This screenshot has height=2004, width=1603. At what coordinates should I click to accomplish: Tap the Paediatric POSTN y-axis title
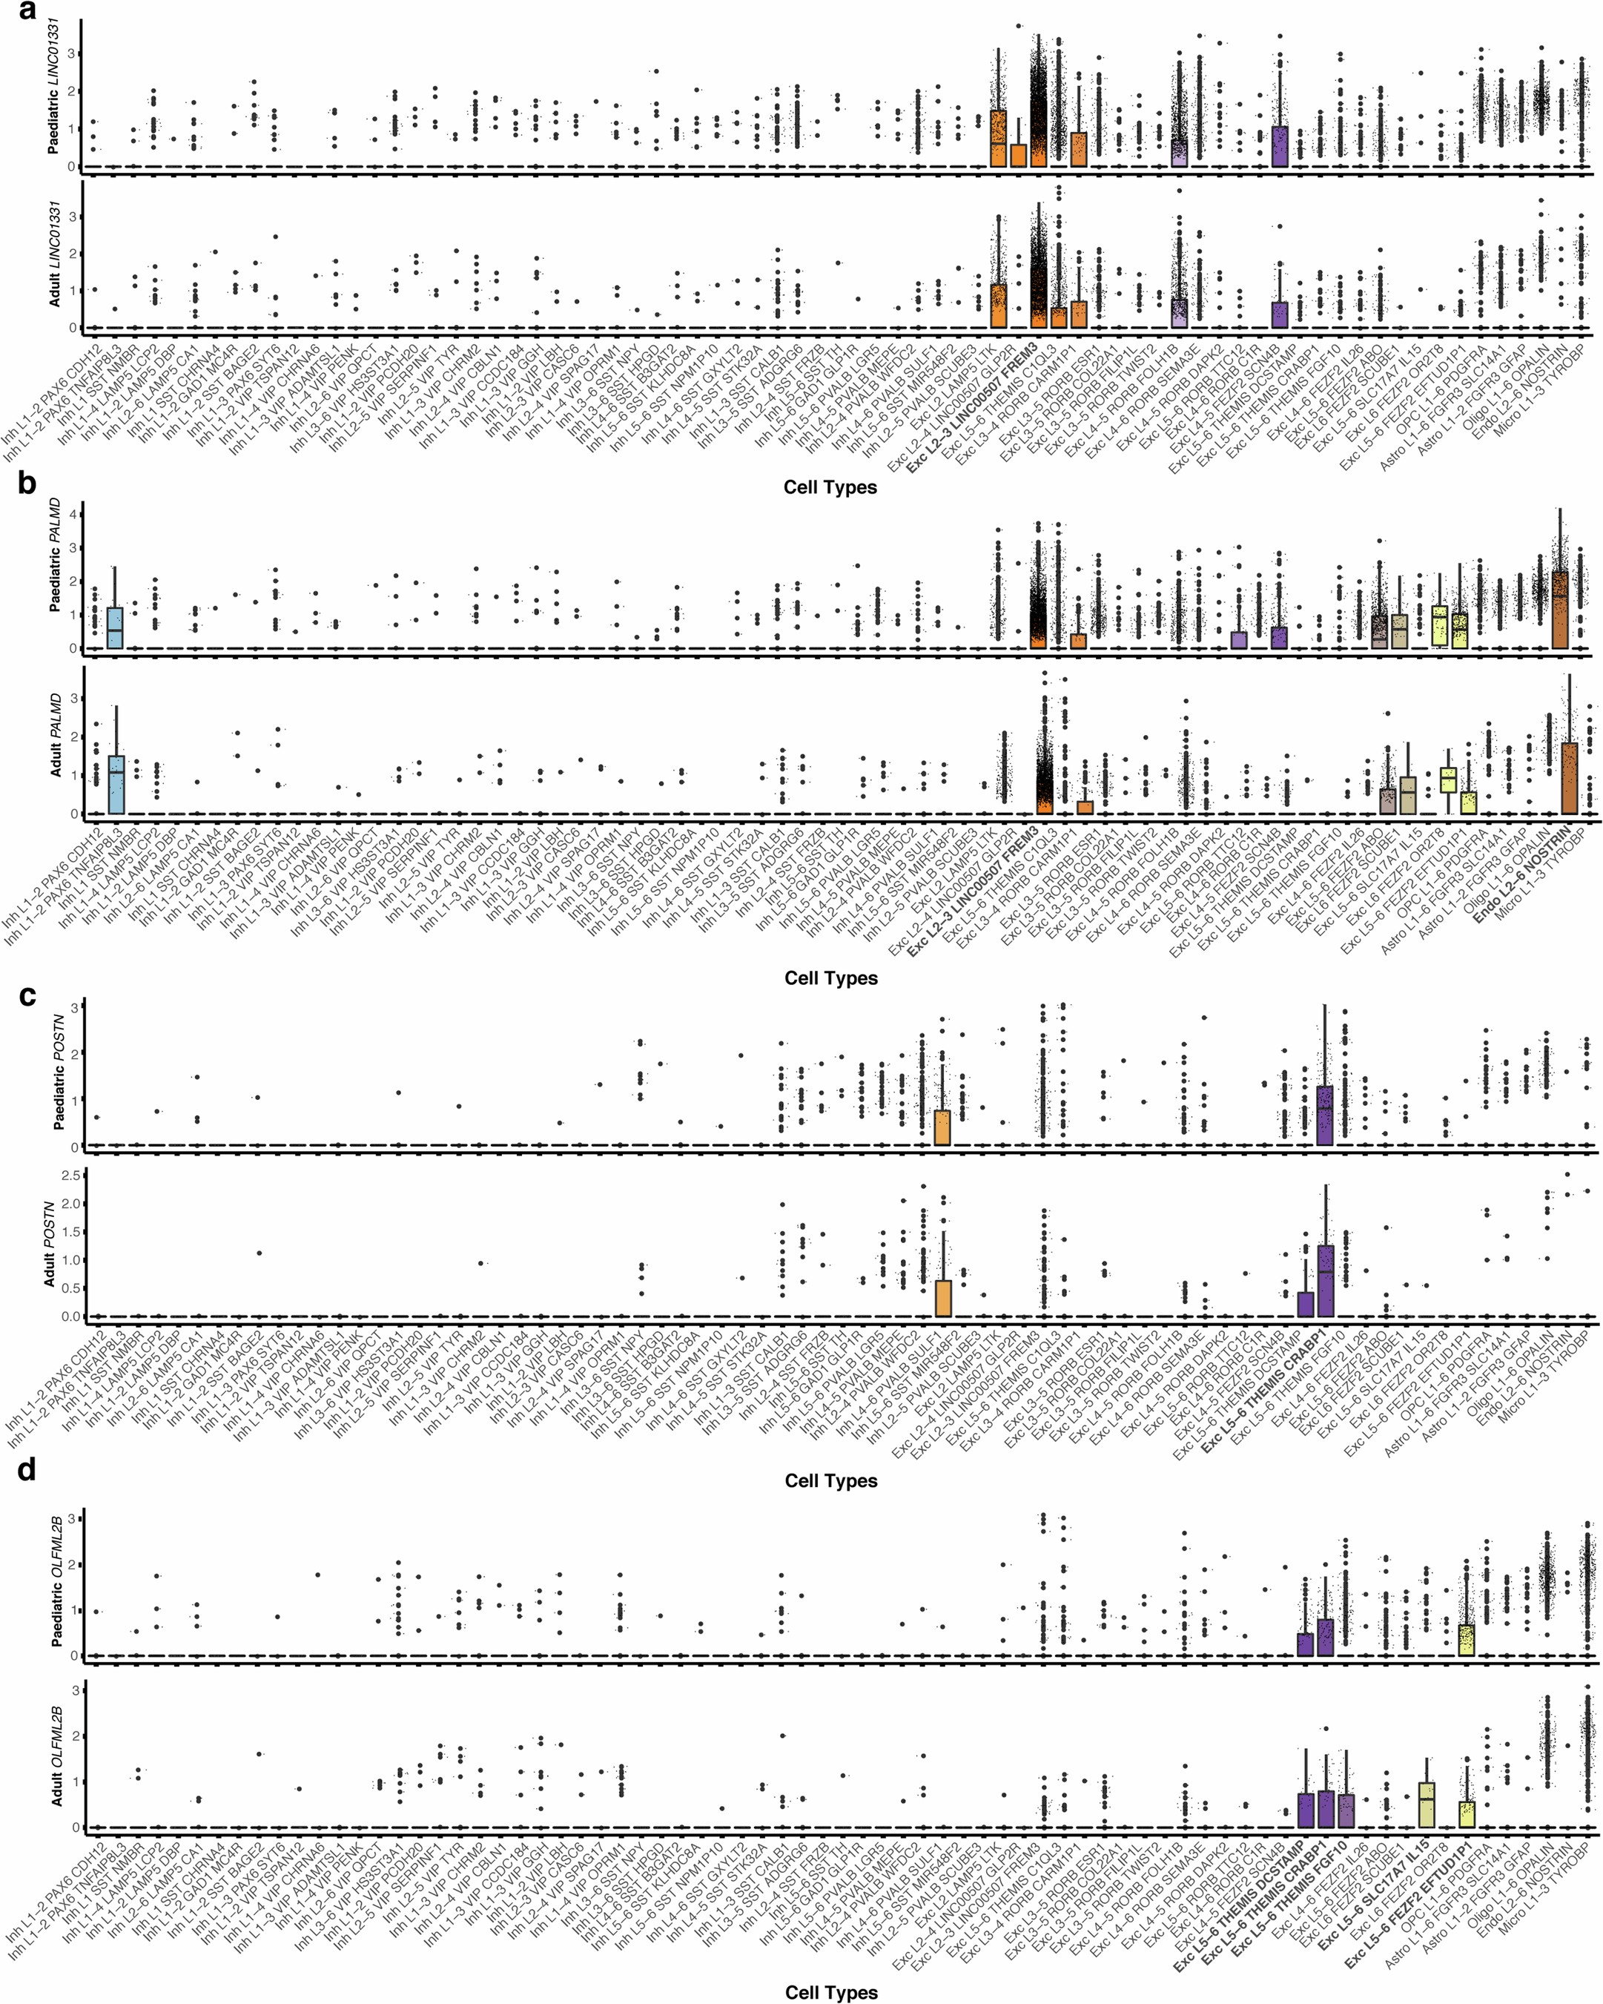[x=58, y=1072]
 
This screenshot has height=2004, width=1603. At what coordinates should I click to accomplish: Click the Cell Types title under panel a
[x=830, y=487]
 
